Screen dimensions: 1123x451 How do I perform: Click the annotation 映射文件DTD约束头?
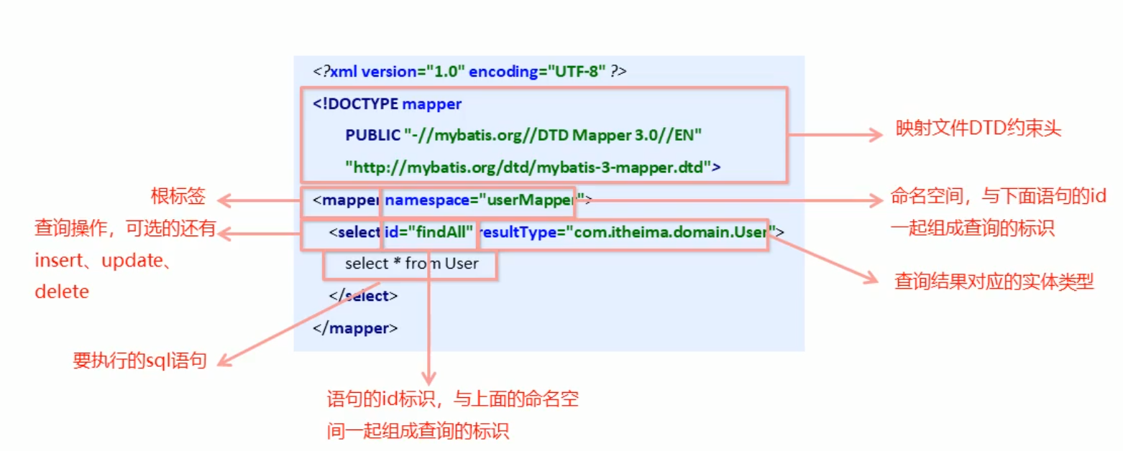click(x=978, y=129)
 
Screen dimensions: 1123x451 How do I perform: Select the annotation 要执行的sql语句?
click(x=139, y=361)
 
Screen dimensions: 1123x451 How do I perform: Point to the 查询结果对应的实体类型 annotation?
click(x=994, y=282)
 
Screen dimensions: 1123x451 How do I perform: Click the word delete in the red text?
click(x=62, y=292)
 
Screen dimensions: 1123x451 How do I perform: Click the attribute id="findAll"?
click(x=429, y=232)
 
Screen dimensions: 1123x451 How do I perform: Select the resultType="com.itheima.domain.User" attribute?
click(x=624, y=232)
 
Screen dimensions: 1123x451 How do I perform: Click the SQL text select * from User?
click(x=411, y=264)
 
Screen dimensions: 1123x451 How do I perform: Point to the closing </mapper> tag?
click(x=355, y=328)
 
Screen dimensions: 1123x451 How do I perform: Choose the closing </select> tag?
click(x=363, y=295)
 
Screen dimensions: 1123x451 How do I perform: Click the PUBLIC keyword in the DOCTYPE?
click(x=372, y=135)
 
